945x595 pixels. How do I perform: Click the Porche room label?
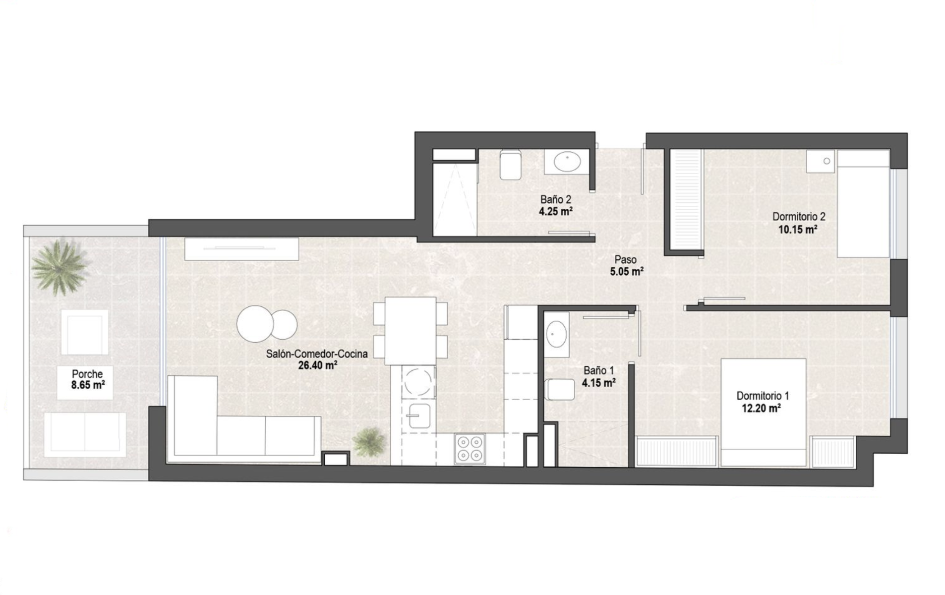pyautogui.click(x=87, y=374)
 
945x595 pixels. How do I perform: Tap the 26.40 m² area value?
pyautogui.click(x=317, y=366)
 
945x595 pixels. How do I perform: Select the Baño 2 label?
pyautogui.click(x=555, y=199)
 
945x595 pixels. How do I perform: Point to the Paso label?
pyautogui.click(x=625, y=259)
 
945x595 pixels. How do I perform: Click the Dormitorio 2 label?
pyautogui.click(x=798, y=217)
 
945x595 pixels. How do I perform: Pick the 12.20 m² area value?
pyautogui.click(x=762, y=408)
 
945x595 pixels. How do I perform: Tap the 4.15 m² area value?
pyautogui.click(x=599, y=383)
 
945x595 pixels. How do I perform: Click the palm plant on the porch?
pyautogui.click(x=60, y=268)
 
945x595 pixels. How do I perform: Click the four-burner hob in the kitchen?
pyautogui.click(x=469, y=449)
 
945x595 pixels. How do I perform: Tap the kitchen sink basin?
pyautogui.click(x=419, y=416)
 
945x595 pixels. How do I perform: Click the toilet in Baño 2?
pyautogui.click(x=510, y=165)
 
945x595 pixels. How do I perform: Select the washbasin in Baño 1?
pyautogui.click(x=556, y=334)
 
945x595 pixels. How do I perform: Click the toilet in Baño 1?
pyautogui.click(x=560, y=389)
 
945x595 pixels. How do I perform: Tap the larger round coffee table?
pyautogui.click(x=255, y=324)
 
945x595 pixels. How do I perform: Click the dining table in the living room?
pyautogui.click(x=411, y=331)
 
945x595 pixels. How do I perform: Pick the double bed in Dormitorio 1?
pyautogui.click(x=763, y=412)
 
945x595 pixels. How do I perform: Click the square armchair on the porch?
pyautogui.click(x=85, y=332)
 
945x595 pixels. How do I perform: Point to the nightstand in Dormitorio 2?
pyautogui.click(x=821, y=161)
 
